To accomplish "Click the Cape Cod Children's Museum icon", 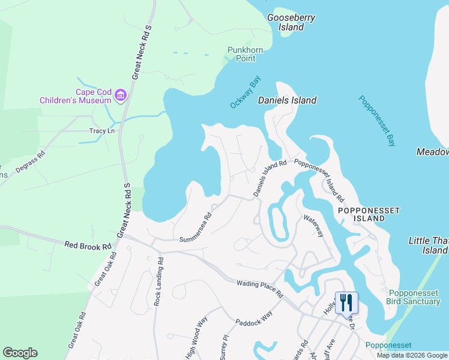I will click(x=121, y=94).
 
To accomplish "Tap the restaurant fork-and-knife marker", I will click(x=346, y=303).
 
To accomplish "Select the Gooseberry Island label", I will click(x=292, y=22).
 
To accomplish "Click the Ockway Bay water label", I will click(x=246, y=93).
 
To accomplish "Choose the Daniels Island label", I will click(x=287, y=100).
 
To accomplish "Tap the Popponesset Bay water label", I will click(x=378, y=121).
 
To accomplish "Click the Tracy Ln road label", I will click(x=101, y=130).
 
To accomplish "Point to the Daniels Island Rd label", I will click(x=270, y=178).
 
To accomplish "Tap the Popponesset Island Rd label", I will click(x=319, y=179).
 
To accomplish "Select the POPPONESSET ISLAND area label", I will click(x=369, y=214).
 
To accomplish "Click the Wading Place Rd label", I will click(x=259, y=289).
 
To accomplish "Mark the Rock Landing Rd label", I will click(x=160, y=281).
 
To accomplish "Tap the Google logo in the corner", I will click(x=20, y=353).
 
